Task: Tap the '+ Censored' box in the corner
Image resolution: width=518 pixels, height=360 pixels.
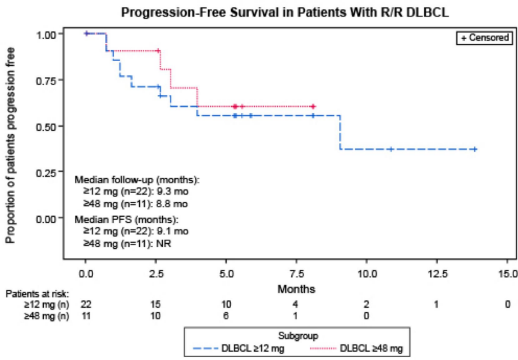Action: tap(483, 38)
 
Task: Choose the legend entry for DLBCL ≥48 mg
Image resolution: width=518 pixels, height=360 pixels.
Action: tap(371, 348)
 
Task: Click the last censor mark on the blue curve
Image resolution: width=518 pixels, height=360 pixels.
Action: tap(475, 149)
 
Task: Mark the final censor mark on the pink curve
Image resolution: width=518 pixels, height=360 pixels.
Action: tap(313, 106)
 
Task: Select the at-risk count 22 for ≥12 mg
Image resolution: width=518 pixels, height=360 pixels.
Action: tap(85, 304)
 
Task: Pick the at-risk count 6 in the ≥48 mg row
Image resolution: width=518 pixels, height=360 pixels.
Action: tap(226, 316)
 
